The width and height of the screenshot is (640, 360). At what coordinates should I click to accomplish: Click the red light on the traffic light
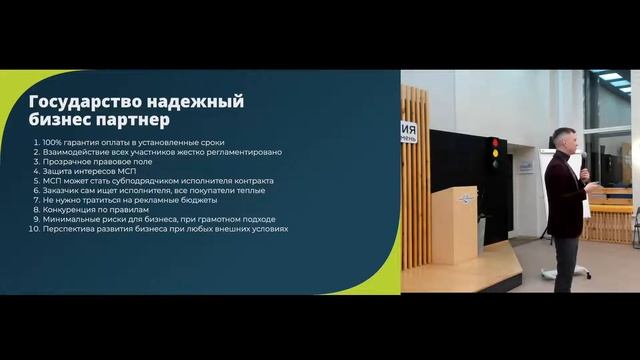click(x=493, y=144)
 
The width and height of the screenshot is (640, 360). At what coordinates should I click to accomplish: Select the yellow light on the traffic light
click(x=493, y=153)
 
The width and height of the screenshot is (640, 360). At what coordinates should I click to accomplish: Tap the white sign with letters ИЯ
click(x=409, y=132)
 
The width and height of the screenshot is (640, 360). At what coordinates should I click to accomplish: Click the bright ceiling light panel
click(x=611, y=76)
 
